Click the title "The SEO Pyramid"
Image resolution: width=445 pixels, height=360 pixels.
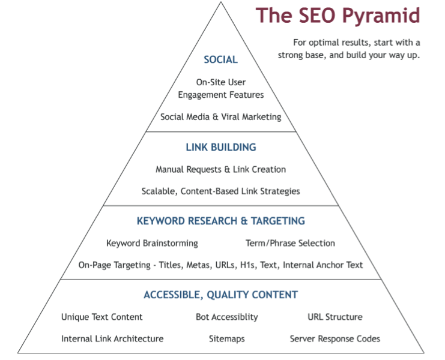coord(338,16)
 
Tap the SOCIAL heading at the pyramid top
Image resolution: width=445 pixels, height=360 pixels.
coord(221,59)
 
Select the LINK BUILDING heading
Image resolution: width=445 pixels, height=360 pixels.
coord(221,148)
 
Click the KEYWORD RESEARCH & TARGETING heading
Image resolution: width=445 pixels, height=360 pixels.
coord(221,221)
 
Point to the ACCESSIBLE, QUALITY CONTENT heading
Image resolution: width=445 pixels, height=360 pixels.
coord(221,295)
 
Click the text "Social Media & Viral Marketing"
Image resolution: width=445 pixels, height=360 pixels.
coord(221,117)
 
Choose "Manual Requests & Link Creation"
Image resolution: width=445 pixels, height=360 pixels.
coord(221,170)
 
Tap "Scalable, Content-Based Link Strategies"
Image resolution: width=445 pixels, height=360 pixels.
coord(221,191)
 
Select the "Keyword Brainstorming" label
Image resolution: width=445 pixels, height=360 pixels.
coord(152,243)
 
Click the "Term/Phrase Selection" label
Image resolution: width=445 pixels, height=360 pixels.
coord(290,243)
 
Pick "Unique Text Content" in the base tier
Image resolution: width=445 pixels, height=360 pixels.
coord(102,317)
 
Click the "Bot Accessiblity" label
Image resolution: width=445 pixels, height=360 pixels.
coord(227,317)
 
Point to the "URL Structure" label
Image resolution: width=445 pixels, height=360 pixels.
coord(335,317)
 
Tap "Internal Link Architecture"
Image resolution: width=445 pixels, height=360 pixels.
coord(112,339)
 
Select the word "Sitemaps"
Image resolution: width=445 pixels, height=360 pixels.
coord(227,339)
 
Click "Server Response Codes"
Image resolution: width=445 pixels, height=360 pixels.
coord(335,339)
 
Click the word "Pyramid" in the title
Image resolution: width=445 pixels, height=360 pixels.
coord(381,16)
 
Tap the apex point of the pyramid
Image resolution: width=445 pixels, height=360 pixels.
coord(221,2)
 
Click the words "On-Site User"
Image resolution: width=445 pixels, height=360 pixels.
coord(221,82)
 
